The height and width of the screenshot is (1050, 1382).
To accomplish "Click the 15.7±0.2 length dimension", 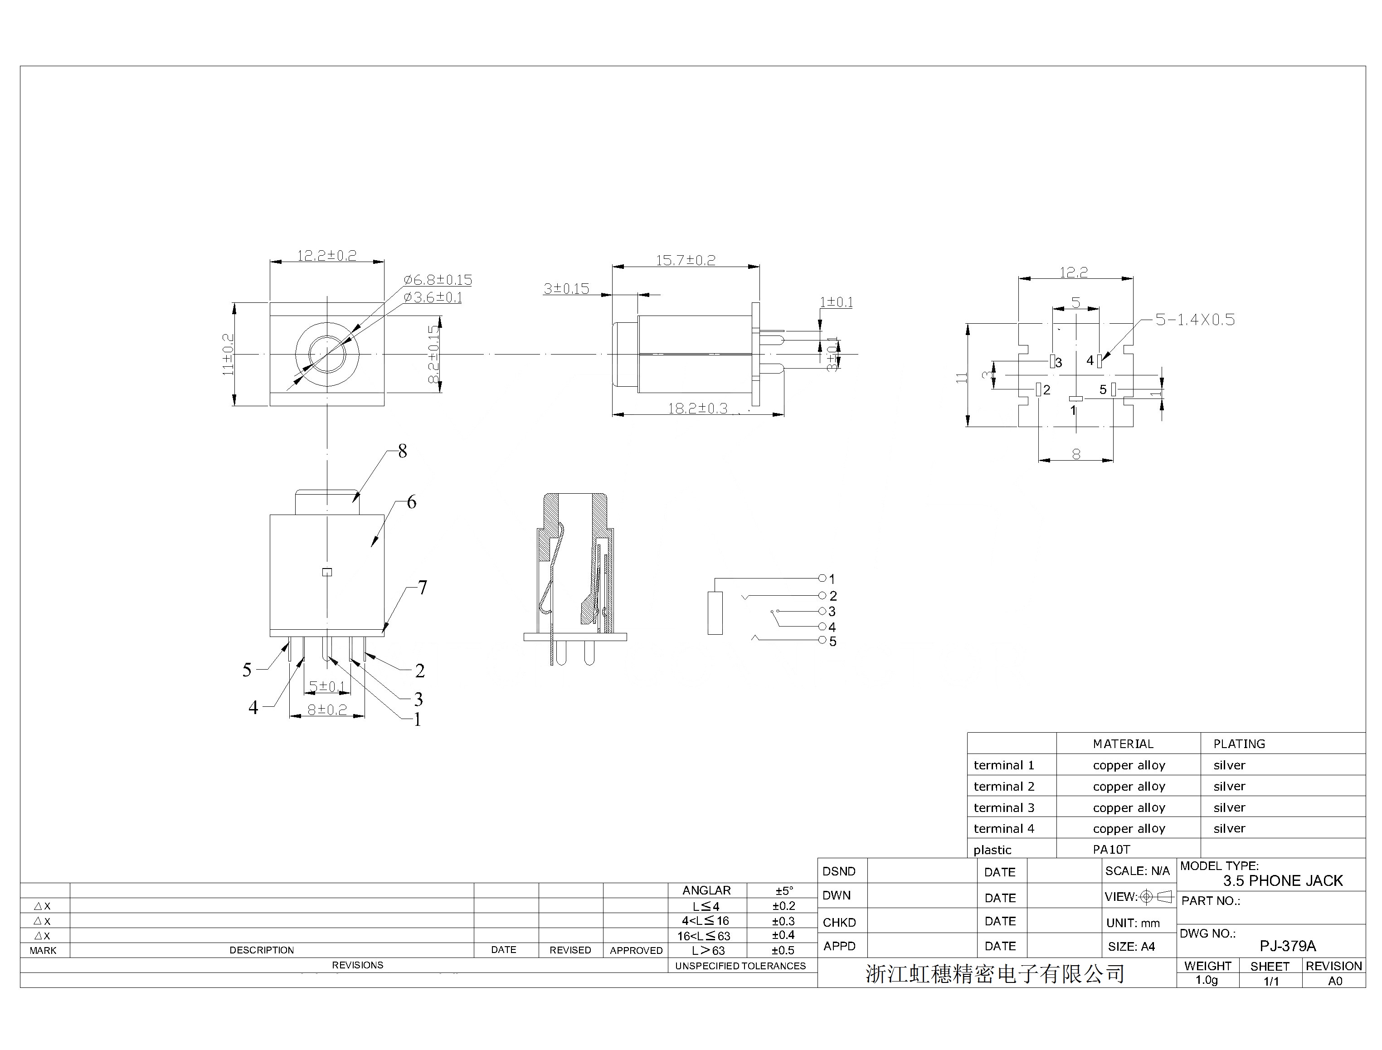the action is click(x=685, y=260).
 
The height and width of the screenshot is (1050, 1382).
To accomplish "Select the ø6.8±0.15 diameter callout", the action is click(x=438, y=280).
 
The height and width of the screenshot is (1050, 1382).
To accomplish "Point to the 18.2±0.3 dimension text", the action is click(x=697, y=408).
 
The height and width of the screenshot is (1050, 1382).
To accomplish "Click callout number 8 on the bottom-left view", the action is click(x=403, y=451).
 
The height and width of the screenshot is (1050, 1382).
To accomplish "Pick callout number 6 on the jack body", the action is click(x=411, y=502).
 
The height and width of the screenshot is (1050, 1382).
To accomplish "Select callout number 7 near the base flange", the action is click(x=423, y=588).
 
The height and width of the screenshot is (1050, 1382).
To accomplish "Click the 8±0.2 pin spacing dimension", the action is click(x=327, y=710).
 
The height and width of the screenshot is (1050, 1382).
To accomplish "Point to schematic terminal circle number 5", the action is click(x=822, y=640).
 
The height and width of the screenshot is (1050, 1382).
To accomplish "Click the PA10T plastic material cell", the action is click(x=1111, y=849).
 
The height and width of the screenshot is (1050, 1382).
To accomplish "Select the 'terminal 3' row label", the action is click(x=1004, y=807).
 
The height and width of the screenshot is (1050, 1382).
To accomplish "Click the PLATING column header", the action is click(x=1239, y=744).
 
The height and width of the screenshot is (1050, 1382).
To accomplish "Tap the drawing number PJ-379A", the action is click(x=1288, y=946).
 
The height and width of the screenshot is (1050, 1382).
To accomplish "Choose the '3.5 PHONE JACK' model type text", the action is click(x=1283, y=880).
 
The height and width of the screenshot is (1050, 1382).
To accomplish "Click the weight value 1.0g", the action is click(x=1207, y=980).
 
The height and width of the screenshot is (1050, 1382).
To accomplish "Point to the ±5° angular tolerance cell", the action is click(x=784, y=890).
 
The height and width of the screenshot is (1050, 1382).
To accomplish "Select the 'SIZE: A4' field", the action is click(x=1131, y=946).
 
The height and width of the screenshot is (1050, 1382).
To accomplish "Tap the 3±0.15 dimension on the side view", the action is click(x=566, y=289).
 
